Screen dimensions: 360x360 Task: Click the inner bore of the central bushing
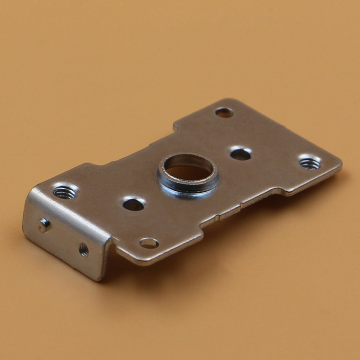(x=188, y=172)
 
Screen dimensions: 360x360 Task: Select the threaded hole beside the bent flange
(x=65, y=192)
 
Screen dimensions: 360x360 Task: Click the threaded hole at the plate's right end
(x=309, y=163)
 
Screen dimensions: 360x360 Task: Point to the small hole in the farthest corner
(x=224, y=112)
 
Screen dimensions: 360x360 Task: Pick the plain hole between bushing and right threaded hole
(x=240, y=153)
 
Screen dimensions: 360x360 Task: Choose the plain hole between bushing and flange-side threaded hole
(x=133, y=204)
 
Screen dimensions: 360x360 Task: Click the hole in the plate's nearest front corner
(x=149, y=243)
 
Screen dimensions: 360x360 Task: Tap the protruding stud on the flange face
(x=44, y=225)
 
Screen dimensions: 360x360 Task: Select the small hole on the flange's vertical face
(x=83, y=250)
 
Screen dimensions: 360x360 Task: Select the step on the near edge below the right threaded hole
(x=283, y=190)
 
